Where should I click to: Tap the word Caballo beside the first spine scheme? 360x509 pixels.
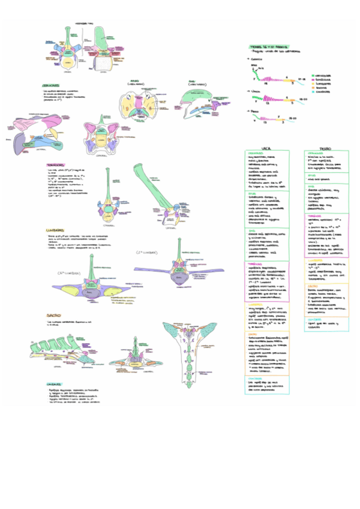257,60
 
